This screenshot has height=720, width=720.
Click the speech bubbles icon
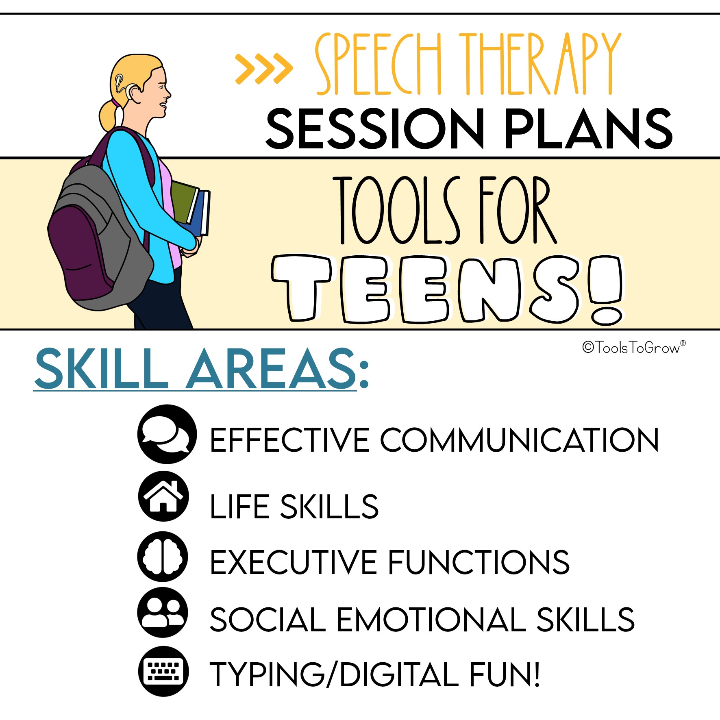[x=167, y=434]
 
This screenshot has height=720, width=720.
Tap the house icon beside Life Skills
[x=163, y=496]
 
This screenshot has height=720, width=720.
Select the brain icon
[x=163, y=556]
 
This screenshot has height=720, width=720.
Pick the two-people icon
[x=163, y=612]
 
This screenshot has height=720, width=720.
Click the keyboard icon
[x=163, y=671]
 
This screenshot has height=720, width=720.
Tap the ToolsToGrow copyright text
[x=634, y=347]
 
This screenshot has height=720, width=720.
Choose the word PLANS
[x=589, y=128]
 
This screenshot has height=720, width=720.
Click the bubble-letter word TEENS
[x=447, y=289]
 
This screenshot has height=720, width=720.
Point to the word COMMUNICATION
[x=519, y=440]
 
